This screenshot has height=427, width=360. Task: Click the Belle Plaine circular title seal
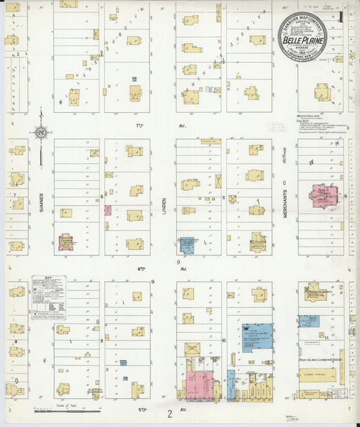tap(302, 37)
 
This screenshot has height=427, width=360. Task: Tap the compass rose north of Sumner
tap(41, 133)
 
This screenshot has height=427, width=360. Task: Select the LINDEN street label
tap(164, 202)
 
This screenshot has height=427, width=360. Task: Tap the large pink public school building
tap(320, 197)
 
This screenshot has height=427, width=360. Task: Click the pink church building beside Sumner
tap(66, 242)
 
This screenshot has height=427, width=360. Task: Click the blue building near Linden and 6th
tap(186, 245)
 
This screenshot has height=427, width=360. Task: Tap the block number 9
tap(101, 341)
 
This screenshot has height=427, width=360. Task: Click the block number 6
tap(102, 197)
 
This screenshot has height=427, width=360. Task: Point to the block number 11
tap(327, 336)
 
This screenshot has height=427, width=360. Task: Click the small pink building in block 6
tap(107, 210)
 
